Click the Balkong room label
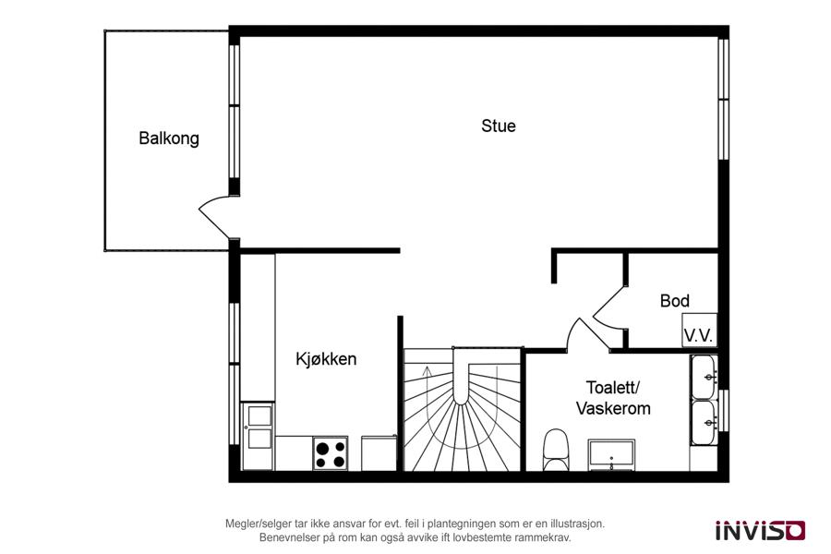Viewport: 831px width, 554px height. tap(169, 138)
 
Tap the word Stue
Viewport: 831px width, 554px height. tap(499, 126)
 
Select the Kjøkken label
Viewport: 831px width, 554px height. tap(326, 359)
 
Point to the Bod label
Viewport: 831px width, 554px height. tap(675, 301)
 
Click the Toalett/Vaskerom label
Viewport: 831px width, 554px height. tap(613, 398)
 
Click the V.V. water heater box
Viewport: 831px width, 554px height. tap(699, 331)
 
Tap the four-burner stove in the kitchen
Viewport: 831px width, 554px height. tap(331, 453)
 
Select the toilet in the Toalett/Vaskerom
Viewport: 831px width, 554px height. tap(556, 450)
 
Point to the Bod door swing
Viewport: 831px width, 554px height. tap(608, 307)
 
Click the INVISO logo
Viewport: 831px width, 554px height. tap(761, 530)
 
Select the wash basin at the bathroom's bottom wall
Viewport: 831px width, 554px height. tap(611, 455)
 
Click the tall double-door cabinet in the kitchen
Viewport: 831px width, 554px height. tap(258, 437)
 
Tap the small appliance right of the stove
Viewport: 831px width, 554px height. tap(379, 452)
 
